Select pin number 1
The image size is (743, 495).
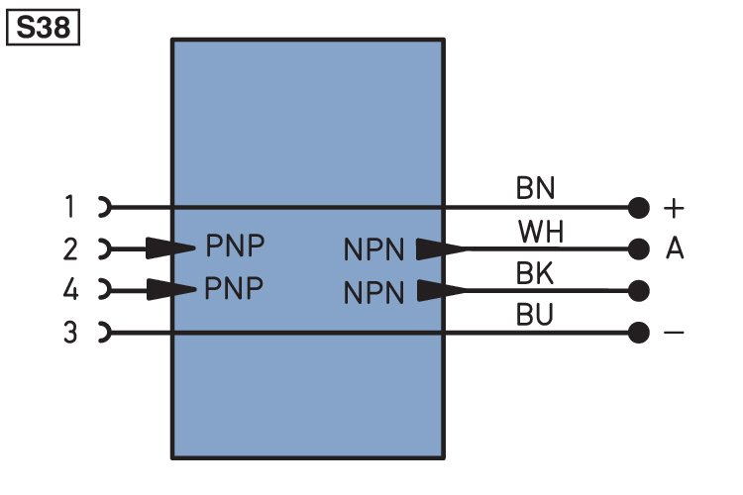(x=69, y=208)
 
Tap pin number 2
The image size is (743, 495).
(x=69, y=248)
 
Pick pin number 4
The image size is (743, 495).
(x=69, y=290)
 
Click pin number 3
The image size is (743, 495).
(x=69, y=333)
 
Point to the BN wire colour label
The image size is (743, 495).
(x=535, y=187)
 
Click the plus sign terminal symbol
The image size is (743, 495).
(x=674, y=209)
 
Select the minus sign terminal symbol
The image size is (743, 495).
(x=674, y=333)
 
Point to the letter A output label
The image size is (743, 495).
(x=675, y=249)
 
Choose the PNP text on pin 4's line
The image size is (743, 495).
(x=235, y=288)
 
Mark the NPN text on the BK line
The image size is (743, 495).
(x=374, y=293)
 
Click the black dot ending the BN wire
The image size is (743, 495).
(x=639, y=208)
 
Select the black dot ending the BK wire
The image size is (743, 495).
(x=639, y=291)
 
